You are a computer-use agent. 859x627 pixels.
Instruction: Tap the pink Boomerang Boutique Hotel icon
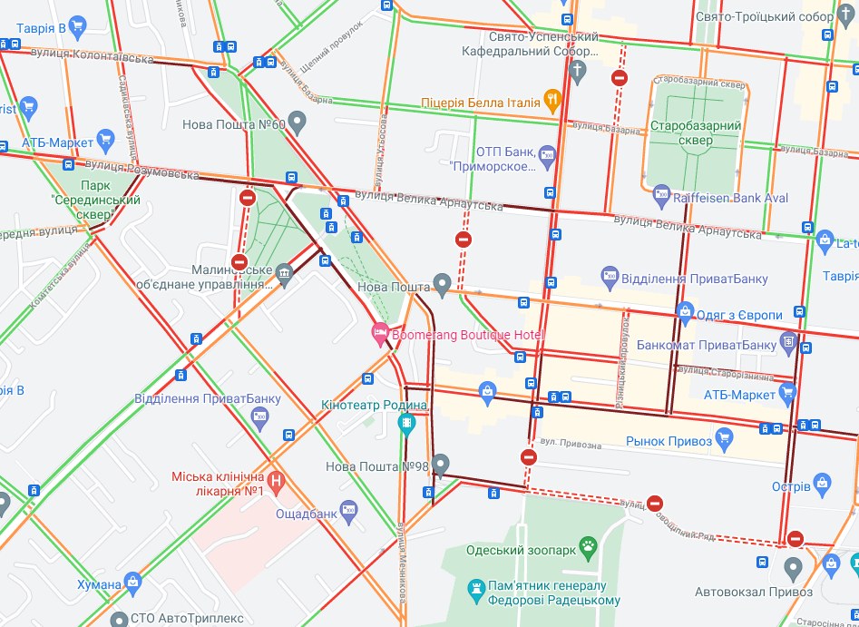[x=380, y=334]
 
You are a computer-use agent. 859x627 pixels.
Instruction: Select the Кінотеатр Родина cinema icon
[x=407, y=422]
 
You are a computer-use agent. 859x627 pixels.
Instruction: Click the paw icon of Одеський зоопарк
[x=591, y=546]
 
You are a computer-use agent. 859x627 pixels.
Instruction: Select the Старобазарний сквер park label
[x=697, y=133]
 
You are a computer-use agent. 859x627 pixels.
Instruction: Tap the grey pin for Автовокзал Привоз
[x=794, y=568]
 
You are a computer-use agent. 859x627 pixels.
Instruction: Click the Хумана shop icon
[x=134, y=581]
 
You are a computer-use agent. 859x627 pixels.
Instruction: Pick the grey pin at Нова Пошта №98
[x=441, y=464]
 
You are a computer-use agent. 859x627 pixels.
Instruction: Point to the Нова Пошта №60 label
[x=233, y=124]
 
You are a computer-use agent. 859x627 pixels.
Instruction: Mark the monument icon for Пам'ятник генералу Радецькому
[x=475, y=592]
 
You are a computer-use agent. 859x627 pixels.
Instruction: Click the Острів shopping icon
[x=822, y=484]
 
